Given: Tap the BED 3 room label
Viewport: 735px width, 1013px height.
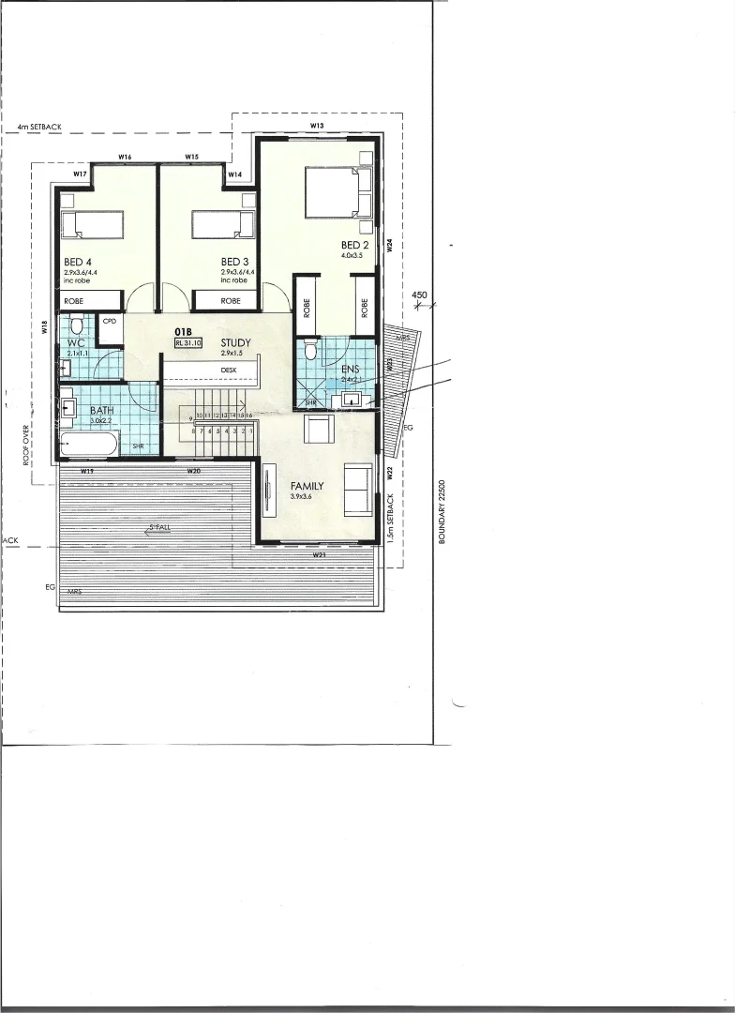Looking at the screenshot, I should point(234,262).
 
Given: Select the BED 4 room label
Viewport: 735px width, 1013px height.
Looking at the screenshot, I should point(78,262).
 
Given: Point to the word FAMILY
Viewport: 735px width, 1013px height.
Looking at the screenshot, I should point(307,486).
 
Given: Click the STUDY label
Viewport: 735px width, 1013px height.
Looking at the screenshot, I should point(235,342).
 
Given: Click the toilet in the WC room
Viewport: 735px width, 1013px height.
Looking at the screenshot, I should point(76,327).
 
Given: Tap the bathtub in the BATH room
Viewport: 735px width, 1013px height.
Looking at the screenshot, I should point(88,445).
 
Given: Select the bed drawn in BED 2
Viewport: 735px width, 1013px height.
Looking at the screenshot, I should point(333,192).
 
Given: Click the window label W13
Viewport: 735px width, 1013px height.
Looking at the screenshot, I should point(317,125).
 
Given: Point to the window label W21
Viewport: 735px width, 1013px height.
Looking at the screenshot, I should point(319,555).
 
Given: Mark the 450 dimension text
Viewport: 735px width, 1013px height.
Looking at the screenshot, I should point(420,295).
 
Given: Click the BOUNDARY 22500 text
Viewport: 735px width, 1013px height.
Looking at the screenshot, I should point(441,511).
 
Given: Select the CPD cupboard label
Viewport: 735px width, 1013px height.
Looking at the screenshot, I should point(109,321).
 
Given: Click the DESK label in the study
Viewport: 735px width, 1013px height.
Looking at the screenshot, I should point(229,370).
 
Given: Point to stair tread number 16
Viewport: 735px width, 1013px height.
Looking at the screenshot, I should point(249,415).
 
